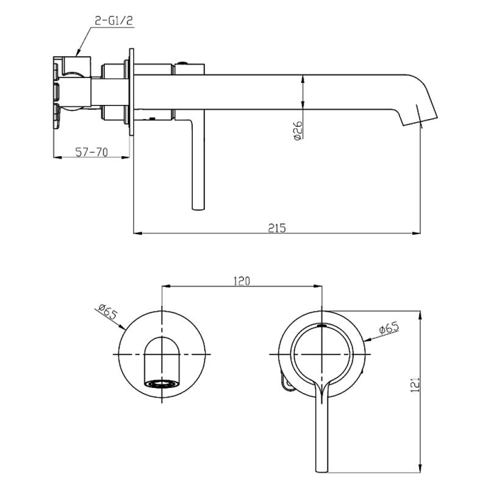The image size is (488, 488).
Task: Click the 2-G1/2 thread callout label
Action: [x=113, y=21]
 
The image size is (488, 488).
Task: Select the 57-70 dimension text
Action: [x=92, y=152]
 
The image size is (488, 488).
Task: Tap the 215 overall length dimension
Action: [x=277, y=228]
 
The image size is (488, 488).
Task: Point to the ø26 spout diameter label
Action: [x=298, y=131]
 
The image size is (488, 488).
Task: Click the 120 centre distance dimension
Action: [x=242, y=281]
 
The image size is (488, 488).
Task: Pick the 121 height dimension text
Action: [x=415, y=385]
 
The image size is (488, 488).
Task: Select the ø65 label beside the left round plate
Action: [x=107, y=312]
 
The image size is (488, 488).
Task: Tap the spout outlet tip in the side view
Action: [x=420, y=121]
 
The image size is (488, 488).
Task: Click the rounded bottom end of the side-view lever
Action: [x=198, y=208]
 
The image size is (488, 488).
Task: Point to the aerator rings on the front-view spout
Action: [x=162, y=384]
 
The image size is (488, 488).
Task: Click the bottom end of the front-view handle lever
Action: [x=321, y=472]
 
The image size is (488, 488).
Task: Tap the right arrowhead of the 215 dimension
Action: [x=417, y=233]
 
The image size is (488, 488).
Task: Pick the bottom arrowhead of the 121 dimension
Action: [x=420, y=468]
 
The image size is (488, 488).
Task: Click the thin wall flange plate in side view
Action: [x=131, y=92]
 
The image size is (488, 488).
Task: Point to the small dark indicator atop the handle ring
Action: [x=322, y=326]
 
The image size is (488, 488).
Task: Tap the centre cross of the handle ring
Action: [x=322, y=354]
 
